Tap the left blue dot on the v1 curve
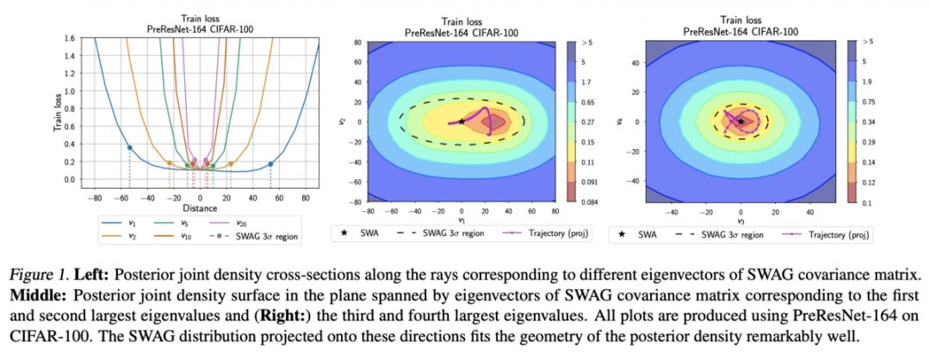tap(129, 147)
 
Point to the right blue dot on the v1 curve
tap(270, 164)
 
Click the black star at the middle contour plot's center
tap(462, 121)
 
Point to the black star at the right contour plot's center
tap(741, 121)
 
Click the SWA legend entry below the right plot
tap(634, 233)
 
